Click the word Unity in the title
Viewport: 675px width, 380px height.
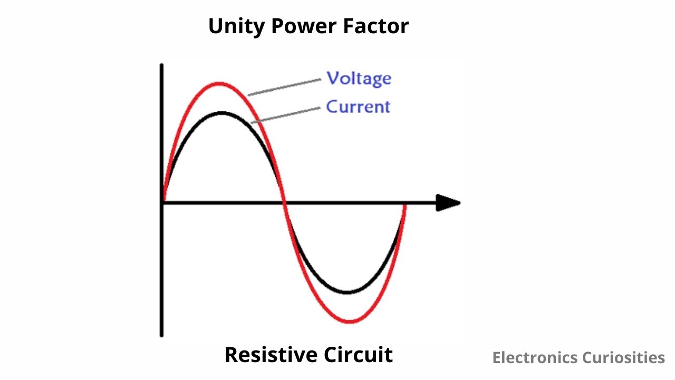click(x=236, y=26)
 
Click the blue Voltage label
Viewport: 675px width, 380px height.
click(x=359, y=78)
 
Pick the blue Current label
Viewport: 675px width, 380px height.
click(x=358, y=107)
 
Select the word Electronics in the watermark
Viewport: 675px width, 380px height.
click(x=535, y=358)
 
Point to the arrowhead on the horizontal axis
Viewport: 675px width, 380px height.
click(x=448, y=203)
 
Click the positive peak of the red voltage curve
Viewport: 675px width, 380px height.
click(x=220, y=83)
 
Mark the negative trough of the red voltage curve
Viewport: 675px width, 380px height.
click(x=350, y=321)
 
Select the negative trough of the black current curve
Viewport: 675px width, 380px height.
click(x=347, y=292)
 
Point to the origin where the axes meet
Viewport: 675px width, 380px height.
click(x=162, y=203)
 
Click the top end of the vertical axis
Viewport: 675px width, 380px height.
click(x=161, y=65)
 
